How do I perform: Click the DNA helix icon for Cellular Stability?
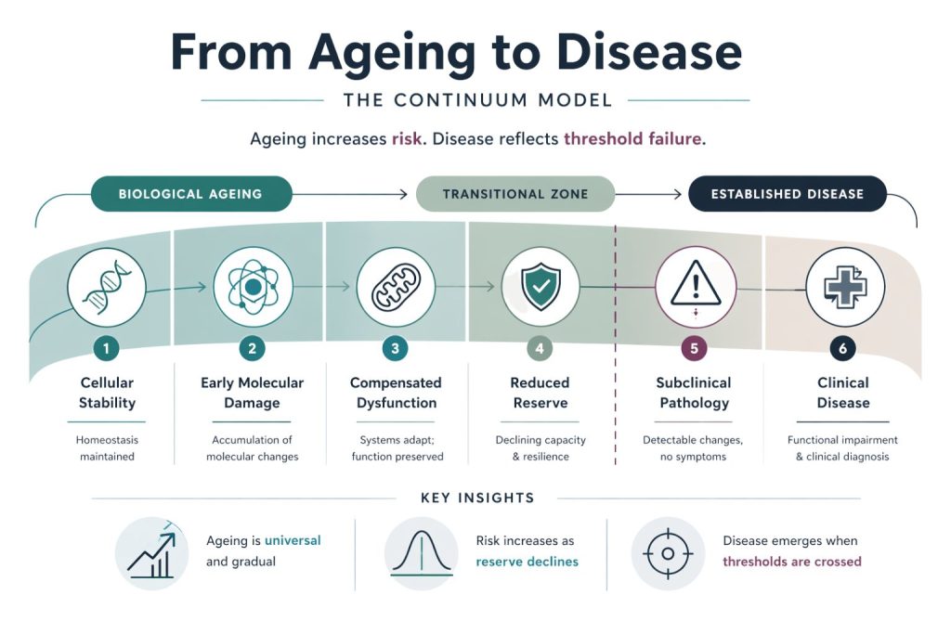[x=106, y=285]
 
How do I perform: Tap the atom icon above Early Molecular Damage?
[x=252, y=286]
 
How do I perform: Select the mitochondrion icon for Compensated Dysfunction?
[x=396, y=286]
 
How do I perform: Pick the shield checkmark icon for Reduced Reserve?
[x=540, y=286]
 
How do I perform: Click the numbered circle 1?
[x=107, y=349]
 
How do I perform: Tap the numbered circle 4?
[x=540, y=349]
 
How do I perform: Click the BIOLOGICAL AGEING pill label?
[x=190, y=194]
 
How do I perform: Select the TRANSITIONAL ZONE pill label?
[x=515, y=194]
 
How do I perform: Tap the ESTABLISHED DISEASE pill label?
[x=787, y=194]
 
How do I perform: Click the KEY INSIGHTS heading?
[x=477, y=498]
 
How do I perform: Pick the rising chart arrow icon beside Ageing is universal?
[x=151, y=553]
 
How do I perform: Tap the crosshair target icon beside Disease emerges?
[x=667, y=554]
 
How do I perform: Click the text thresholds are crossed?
[x=791, y=562]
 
